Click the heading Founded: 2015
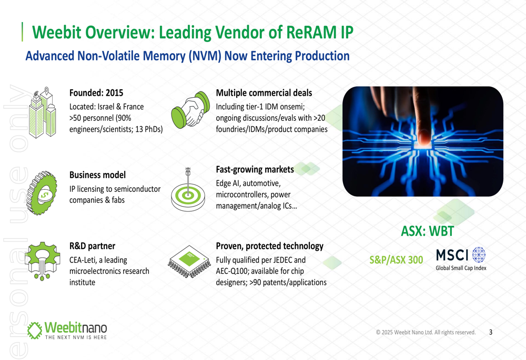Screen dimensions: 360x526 click(x=96, y=93)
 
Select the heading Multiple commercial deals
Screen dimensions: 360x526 click(x=264, y=93)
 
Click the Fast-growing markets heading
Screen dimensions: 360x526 click(x=255, y=169)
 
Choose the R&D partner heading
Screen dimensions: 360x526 click(x=92, y=245)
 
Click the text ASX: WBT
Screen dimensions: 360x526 click(x=427, y=231)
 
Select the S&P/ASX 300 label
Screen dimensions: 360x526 click(x=396, y=260)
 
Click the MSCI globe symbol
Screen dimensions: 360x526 click(x=479, y=255)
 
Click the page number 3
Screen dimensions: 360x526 click(x=491, y=332)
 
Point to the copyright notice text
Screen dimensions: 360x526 click(x=426, y=332)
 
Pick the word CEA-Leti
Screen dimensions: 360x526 click(x=85, y=260)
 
